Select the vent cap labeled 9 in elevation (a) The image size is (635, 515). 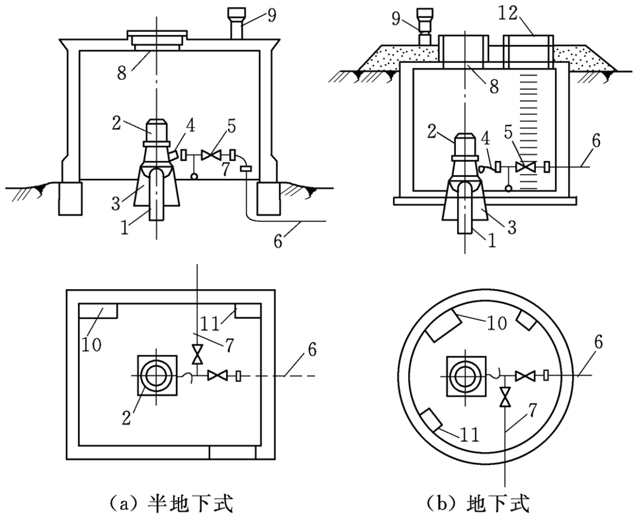click(237, 15)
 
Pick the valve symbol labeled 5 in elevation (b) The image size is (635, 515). click(525, 167)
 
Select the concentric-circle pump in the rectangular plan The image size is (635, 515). click(156, 375)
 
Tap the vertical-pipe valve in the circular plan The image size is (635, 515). click(505, 398)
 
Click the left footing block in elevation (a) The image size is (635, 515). click(70, 198)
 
